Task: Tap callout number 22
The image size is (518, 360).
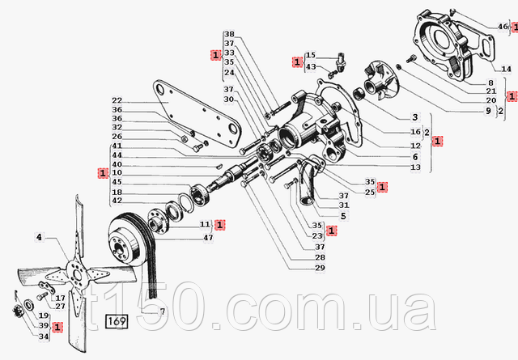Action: click(118, 100)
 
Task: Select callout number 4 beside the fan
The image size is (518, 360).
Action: click(38, 237)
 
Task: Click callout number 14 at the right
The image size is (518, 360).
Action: click(507, 70)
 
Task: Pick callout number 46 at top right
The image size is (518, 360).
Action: click(503, 27)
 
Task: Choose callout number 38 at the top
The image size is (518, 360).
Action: click(230, 35)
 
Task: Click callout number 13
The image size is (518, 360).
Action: click(415, 167)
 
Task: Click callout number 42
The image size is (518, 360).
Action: click(118, 201)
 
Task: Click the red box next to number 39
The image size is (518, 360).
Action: click(57, 327)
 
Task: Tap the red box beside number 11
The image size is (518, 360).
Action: click(219, 224)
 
